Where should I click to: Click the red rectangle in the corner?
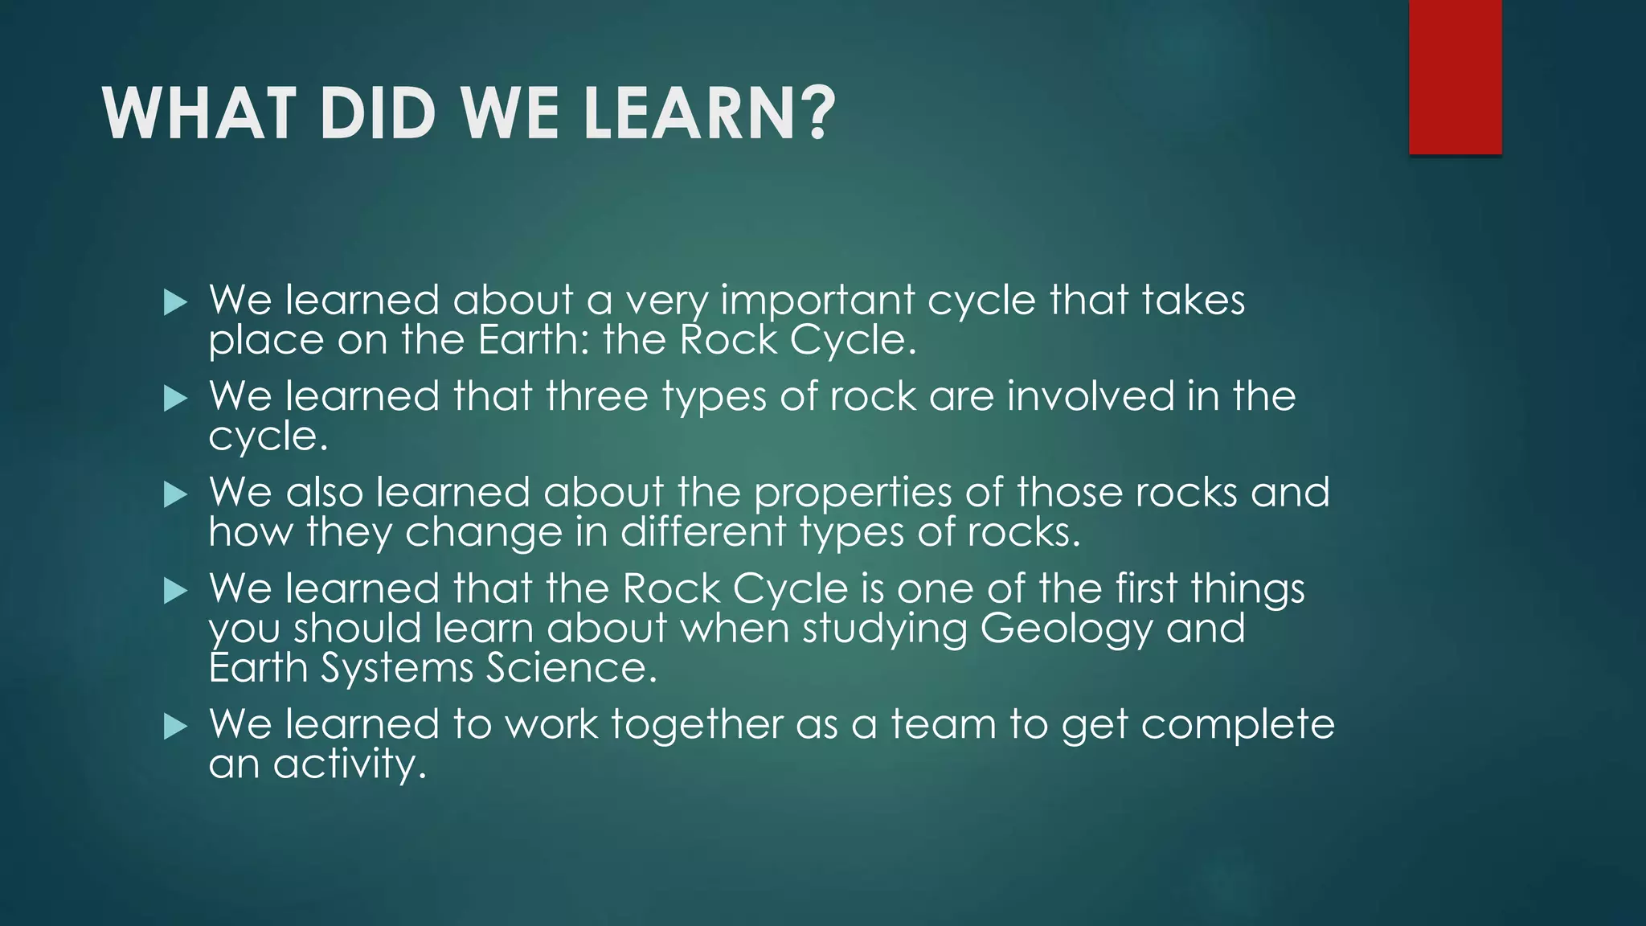coord(1455,76)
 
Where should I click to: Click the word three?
coord(596,396)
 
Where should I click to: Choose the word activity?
coord(349,764)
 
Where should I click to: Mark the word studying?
coord(885,629)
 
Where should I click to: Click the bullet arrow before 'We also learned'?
coord(174,494)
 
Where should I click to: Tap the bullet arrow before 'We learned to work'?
coord(174,727)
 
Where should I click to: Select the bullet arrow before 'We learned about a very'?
coord(174,302)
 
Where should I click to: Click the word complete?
coord(1238,725)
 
